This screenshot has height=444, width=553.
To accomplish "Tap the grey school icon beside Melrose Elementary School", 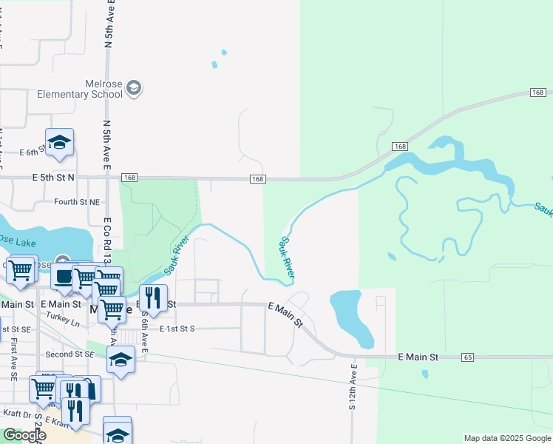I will (134, 89).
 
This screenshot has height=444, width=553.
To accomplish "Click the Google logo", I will (25, 435).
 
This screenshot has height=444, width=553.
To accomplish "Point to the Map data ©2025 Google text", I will (506, 438).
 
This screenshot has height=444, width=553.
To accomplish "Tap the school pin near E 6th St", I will (59, 141).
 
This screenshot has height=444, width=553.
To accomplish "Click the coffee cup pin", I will (64, 276).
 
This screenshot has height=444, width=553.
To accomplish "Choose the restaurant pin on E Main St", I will (153, 297).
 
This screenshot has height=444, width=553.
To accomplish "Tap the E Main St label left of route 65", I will (418, 357).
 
